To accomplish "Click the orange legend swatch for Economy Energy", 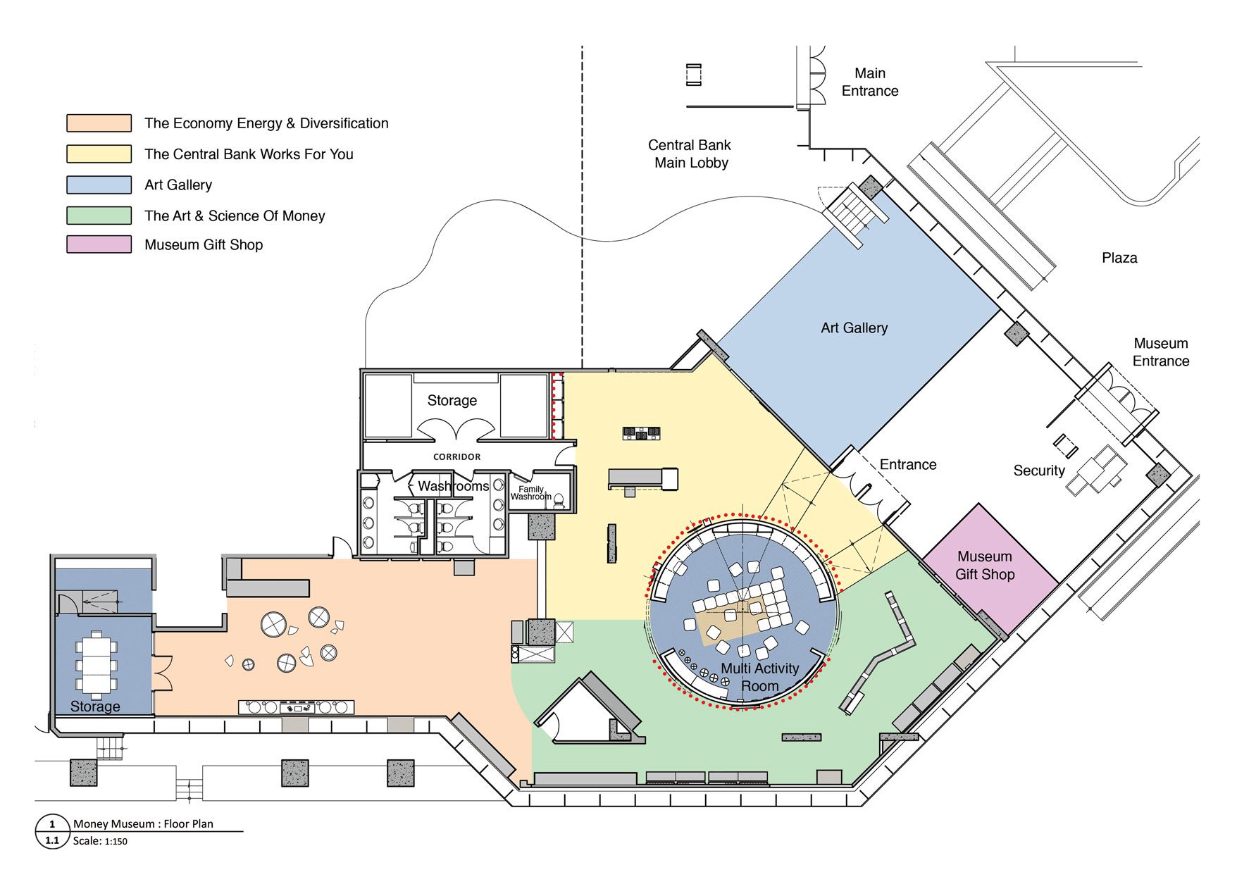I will coord(99,123).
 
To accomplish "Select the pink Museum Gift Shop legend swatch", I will coord(99,244).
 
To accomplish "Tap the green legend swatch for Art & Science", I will coord(99,215).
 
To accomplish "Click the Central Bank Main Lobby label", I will coord(690,154).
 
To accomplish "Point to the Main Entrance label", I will coord(870,82).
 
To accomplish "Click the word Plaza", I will coord(1119,258).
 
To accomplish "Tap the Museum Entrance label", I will coord(1160,352).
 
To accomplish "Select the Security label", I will coord(1038,471).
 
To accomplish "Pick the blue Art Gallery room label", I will coord(854,328).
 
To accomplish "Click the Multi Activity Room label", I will coord(759,677).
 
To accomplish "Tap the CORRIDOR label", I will coord(456,457).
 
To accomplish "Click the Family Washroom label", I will coord(530,493).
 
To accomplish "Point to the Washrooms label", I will coord(453,486).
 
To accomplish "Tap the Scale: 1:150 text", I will coord(100,841).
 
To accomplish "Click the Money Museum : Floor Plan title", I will coord(143,823).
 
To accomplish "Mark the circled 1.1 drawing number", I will coord(52,840).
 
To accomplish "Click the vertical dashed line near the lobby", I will coord(582,211).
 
